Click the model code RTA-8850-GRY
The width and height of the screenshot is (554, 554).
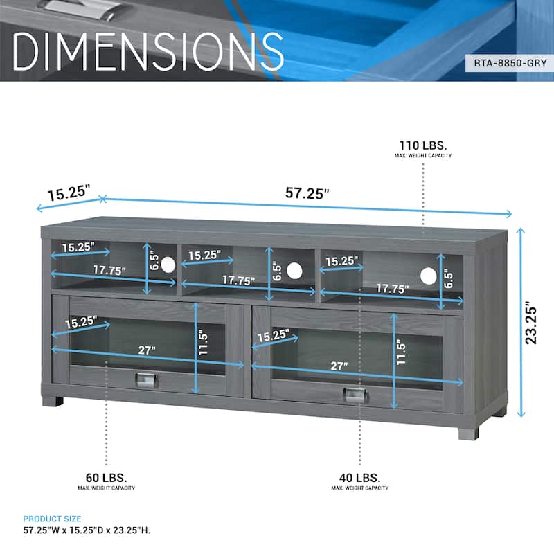[x=510, y=63]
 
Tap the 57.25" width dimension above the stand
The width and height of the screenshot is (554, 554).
[x=307, y=193]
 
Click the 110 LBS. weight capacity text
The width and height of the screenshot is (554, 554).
[x=423, y=145]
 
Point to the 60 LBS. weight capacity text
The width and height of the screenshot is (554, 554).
[x=106, y=478]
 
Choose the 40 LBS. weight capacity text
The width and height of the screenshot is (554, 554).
[x=359, y=478]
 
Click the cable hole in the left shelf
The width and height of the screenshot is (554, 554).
[x=168, y=265]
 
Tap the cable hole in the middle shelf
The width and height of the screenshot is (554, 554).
[x=294, y=271]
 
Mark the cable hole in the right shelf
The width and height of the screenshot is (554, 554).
[x=428, y=276]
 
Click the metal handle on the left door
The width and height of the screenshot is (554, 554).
[x=146, y=380]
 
